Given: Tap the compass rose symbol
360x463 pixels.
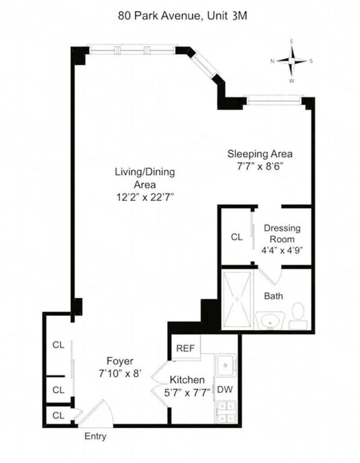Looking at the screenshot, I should coord(292,61).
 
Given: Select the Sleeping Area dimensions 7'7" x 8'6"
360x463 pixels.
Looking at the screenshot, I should coord(260,166).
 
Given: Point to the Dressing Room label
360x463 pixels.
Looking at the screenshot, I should coord(282,233).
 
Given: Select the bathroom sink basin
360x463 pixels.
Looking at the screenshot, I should coord(271,321).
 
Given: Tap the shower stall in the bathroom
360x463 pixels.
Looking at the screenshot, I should coord(238,300).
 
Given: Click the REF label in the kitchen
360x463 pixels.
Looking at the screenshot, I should coord(184,348).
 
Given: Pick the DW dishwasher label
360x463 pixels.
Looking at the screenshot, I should coord(225,390).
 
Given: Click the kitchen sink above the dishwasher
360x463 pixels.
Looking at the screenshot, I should coord(225,364).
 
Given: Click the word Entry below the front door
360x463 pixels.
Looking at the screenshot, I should coord(95,436).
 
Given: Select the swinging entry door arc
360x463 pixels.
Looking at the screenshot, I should coord(97,414).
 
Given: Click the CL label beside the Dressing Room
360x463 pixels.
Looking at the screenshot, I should coord(237,237).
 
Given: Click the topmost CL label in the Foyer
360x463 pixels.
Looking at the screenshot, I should coord(58,345).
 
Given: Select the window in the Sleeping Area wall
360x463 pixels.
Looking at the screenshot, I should coord(274,100).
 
